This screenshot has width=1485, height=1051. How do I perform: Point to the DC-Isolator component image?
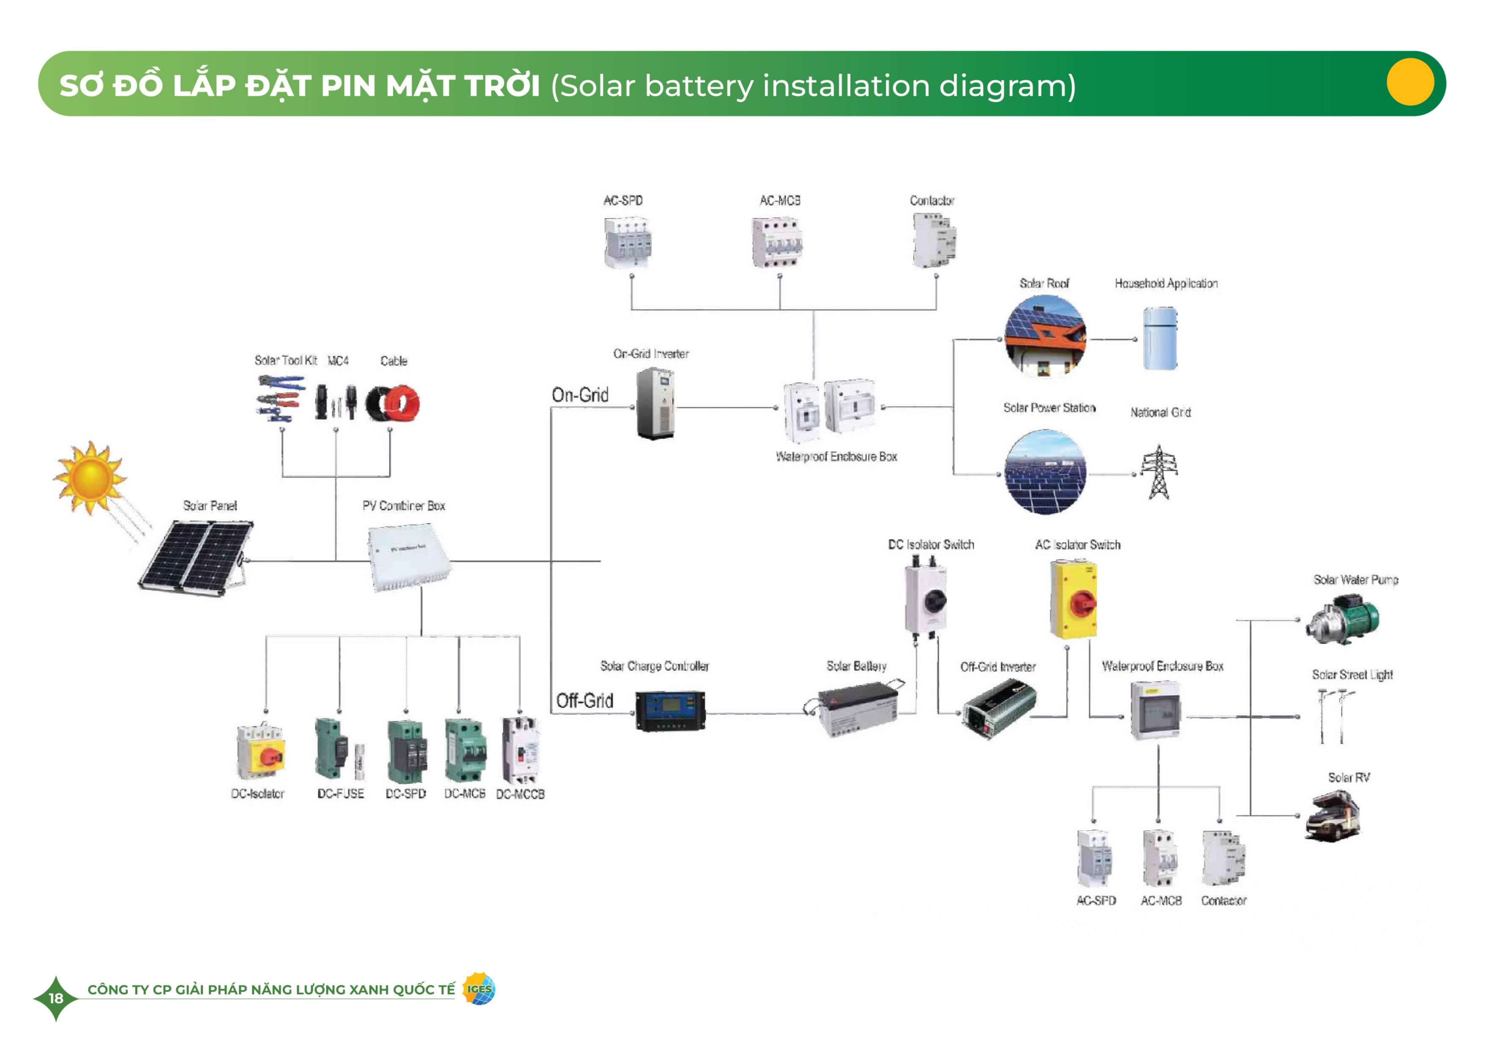pyautogui.click(x=260, y=752)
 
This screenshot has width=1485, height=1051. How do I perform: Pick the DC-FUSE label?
pyautogui.click(x=340, y=793)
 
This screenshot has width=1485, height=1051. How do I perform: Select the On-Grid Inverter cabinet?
pyautogui.click(x=655, y=403)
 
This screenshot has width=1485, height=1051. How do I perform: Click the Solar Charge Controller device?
pyautogui.click(x=670, y=710)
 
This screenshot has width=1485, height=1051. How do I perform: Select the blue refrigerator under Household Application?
pyautogui.click(x=1160, y=338)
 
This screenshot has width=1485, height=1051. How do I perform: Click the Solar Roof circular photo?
pyautogui.click(x=1045, y=336)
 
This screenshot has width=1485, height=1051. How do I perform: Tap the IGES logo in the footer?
pyautogui.click(x=479, y=989)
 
